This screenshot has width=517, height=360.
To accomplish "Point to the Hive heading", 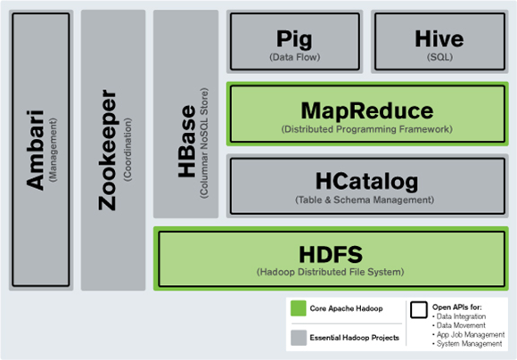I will tap(439, 39).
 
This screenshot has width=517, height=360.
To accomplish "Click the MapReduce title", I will tap(367, 112).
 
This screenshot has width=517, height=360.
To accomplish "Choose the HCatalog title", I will tap(367, 183).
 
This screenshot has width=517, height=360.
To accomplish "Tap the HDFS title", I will tap(331, 252).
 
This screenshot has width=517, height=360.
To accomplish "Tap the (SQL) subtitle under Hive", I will tap(439, 58).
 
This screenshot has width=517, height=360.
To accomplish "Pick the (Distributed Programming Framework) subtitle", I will tap(367, 130).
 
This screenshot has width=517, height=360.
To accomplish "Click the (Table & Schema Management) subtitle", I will tap(367, 200).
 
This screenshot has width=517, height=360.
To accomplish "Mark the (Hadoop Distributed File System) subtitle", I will tap(331, 271).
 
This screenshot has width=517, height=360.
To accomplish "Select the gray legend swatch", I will tap(297, 337).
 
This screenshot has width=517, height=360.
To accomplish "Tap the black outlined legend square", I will tap(418, 310).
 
